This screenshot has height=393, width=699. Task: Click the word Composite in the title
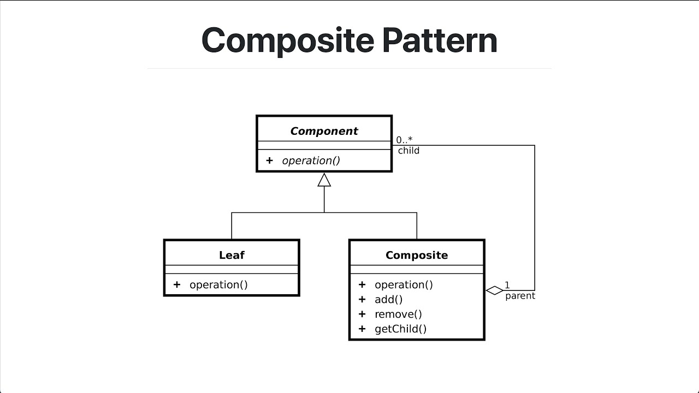pyautogui.click(x=288, y=40)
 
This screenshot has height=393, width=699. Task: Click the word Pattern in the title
pyautogui.click(x=439, y=40)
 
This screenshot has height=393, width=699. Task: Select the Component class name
pyautogui.click(x=324, y=131)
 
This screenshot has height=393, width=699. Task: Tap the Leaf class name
pyautogui.click(x=232, y=255)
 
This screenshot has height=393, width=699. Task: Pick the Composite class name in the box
pyautogui.click(x=416, y=255)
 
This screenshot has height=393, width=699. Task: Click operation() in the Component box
pyautogui.click(x=311, y=160)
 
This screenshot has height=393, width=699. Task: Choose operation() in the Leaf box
pyautogui.click(x=218, y=284)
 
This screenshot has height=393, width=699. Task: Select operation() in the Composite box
pyautogui.click(x=404, y=284)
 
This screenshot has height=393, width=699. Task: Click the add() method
pyautogui.click(x=388, y=299)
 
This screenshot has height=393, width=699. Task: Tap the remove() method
pyautogui.click(x=398, y=314)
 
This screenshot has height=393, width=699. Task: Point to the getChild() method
pyautogui.click(x=400, y=329)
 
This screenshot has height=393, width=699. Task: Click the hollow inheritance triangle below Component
pyautogui.click(x=324, y=180)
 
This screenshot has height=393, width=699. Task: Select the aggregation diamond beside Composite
pyautogui.click(x=494, y=290)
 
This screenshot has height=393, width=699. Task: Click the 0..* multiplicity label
pyautogui.click(x=404, y=140)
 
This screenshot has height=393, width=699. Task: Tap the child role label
pyautogui.click(x=408, y=151)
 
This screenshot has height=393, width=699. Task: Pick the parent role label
pyautogui.click(x=520, y=296)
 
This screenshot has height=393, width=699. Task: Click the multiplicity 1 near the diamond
pyautogui.click(x=507, y=285)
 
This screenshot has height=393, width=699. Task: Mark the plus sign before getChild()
pyautogui.click(x=362, y=329)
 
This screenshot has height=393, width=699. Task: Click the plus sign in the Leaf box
pyautogui.click(x=176, y=284)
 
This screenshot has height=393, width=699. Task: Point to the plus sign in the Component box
pyautogui.click(x=269, y=160)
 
